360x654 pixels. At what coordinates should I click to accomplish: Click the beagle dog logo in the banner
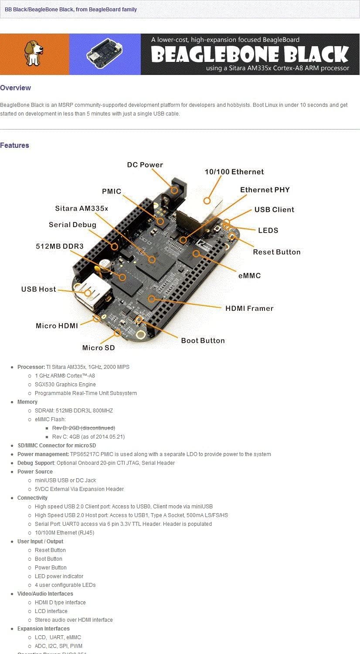point(34,54)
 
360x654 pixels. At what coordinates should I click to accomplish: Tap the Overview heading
point(16,88)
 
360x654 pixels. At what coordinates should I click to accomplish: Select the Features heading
point(15,146)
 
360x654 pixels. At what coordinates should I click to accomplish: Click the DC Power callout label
point(145,165)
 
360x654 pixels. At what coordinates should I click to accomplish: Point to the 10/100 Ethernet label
point(234,172)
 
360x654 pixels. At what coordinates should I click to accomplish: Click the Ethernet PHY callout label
point(265,190)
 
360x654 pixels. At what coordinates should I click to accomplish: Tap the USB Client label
point(274,210)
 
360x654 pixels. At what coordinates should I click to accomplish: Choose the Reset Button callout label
point(277,252)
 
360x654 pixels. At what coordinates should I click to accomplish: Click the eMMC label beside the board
point(249,276)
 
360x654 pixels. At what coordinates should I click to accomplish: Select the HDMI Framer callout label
point(249,308)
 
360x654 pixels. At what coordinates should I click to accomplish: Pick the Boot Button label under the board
point(203,341)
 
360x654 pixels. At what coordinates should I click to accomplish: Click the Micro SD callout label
point(98,348)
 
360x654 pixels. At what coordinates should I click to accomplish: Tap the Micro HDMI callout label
point(57,326)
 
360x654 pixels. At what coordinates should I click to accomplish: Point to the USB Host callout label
point(39,289)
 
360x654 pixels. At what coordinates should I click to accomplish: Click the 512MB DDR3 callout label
point(60,246)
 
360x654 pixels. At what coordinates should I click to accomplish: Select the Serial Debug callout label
point(72,225)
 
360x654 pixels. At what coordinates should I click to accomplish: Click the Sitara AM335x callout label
point(82,208)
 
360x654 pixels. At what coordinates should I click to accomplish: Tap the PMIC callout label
point(112,191)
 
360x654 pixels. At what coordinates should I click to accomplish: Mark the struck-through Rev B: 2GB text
point(84,428)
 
